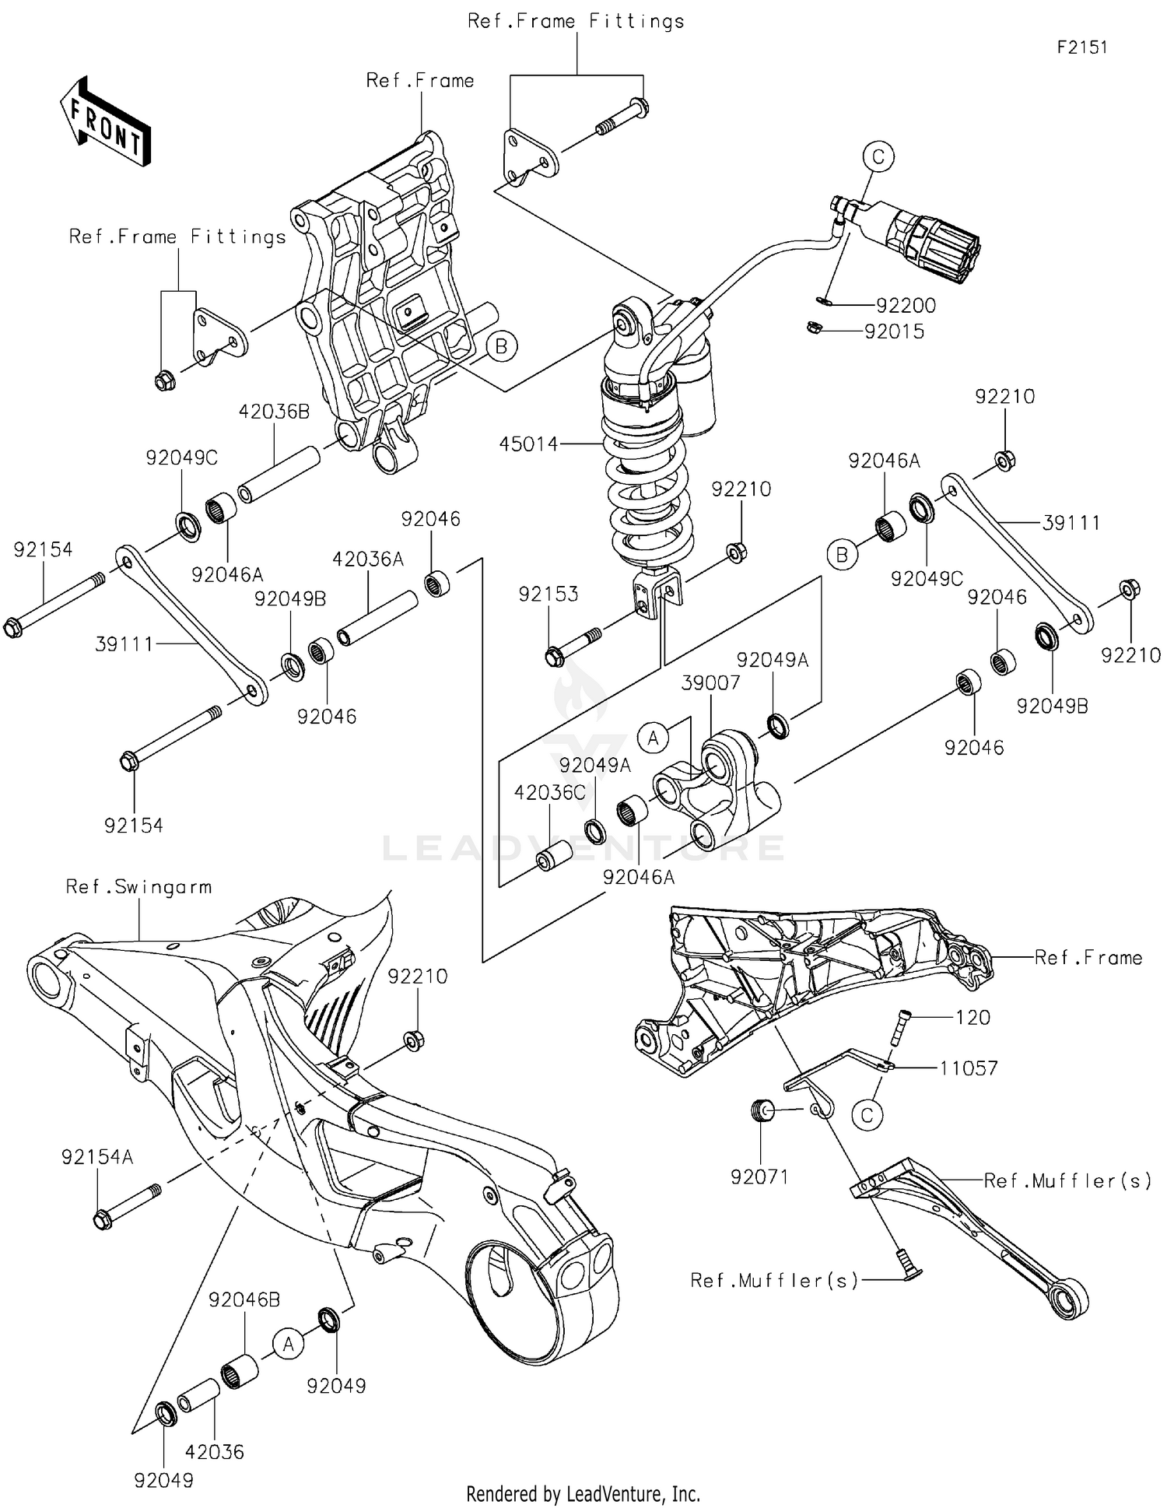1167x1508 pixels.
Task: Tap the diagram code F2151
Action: coord(1081,47)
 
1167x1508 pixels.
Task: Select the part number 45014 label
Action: coord(528,444)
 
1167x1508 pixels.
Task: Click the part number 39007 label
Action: coord(710,682)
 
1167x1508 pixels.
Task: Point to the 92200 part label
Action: coord(906,305)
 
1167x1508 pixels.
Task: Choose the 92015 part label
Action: coord(894,331)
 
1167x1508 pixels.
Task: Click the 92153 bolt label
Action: coord(548,594)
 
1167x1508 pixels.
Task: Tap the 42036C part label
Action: coord(549,792)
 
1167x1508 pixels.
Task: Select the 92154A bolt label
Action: coord(97,1157)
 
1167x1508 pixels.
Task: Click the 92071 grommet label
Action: coord(759,1177)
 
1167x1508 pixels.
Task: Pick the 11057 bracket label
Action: coord(968,1068)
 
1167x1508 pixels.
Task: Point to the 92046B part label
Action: coord(244,1299)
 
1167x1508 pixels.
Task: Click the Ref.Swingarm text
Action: coord(138,887)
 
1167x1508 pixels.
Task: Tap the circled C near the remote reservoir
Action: coord(878,156)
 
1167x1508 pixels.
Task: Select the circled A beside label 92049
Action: coord(289,1344)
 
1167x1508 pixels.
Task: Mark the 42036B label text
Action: coord(274,412)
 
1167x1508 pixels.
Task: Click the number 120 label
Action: coord(972,1017)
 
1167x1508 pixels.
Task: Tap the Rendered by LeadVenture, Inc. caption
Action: coord(583,1493)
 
